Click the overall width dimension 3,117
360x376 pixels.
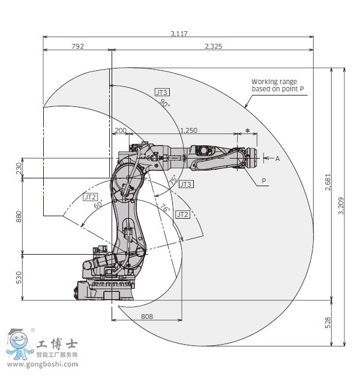click(178, 34)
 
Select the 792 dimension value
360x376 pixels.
click(77, 46)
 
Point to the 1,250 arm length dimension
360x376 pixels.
click(188, 130)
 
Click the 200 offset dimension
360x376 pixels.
click(120, 130)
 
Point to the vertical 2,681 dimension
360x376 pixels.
click(328, 183)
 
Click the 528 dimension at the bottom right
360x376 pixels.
click(328, 323)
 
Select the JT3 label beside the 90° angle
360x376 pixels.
click(161, 92)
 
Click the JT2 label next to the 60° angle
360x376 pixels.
click(90, 196)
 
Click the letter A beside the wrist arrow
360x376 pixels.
click(277, 159)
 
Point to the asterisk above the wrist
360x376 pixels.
click(247, 131)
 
